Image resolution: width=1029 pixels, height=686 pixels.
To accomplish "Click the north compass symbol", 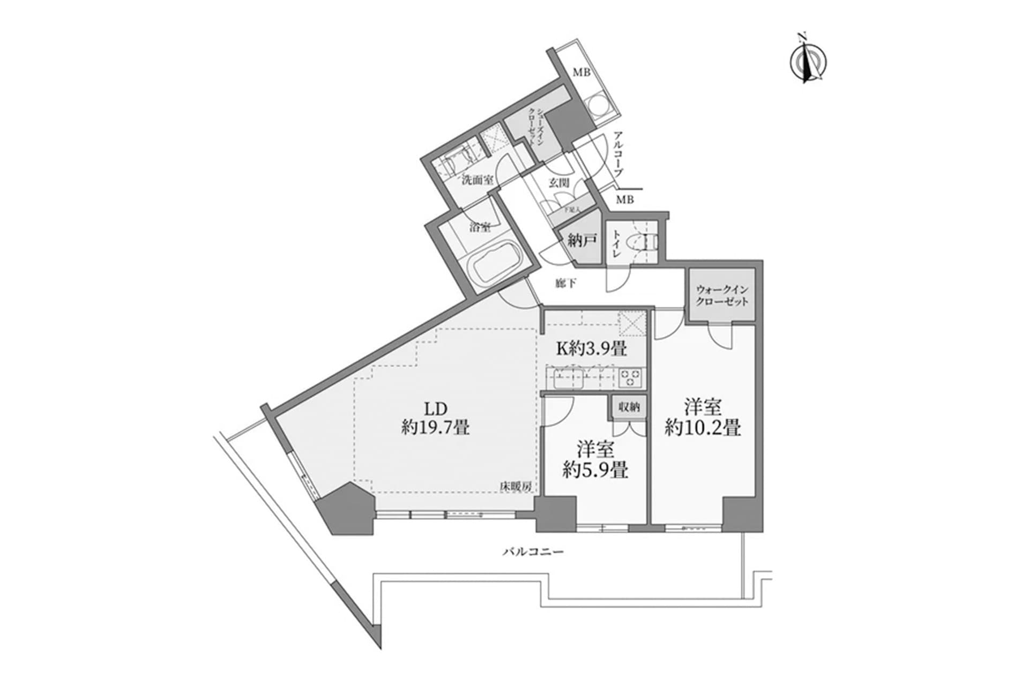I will coord(808,61).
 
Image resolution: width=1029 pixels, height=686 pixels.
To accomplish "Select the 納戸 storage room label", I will coord(582,241).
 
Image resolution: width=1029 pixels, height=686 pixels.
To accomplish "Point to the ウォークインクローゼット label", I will coord(721,295).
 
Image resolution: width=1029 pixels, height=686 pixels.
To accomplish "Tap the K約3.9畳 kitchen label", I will coord(592,348).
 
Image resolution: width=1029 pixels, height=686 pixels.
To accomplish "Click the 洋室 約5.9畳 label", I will coord(595,459).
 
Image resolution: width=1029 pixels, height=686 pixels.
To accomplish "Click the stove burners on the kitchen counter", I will coord(631,377).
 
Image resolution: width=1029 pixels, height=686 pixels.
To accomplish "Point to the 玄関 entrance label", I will coord(558,183).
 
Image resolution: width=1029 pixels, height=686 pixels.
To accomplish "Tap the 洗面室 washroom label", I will coord(478,180).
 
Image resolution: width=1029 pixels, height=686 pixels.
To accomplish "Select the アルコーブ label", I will coord(618,154).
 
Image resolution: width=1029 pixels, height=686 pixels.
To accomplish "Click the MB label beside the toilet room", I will coord(624,200).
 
